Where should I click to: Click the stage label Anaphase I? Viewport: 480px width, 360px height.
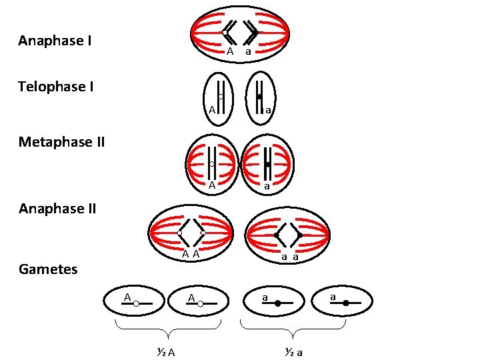(x=55, y=41)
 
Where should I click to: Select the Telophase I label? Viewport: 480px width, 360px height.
(x=56, y=87)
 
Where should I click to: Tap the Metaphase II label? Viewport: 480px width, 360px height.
(x=61, y=142)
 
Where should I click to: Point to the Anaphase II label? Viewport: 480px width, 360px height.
(x=57, y=209)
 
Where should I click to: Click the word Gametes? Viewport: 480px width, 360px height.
(x=48, y=269)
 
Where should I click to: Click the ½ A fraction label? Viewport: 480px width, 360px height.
(x=162, y=353)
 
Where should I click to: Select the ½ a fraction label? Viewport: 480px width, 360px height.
(x=292, y=353)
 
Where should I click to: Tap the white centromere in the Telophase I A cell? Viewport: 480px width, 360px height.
(x=220, y=97)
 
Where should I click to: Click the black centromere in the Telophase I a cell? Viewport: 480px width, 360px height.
(x=259, y=97)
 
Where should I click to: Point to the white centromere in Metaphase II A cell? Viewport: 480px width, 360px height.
(x=211, y=164)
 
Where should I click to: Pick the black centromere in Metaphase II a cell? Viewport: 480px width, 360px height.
(x=267, y=164)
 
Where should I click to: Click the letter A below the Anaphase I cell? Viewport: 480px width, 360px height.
(x=229, y=51)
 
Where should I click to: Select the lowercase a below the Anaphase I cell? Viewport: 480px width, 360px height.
(x=247, y=51)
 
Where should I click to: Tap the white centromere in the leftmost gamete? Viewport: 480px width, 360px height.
(x=136, y=303)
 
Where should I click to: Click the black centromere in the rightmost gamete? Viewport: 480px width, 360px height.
(x=345, y=303)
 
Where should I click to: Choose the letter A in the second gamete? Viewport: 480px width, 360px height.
(x=190, y=297)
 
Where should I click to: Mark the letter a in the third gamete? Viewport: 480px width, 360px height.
(x=265, y=297)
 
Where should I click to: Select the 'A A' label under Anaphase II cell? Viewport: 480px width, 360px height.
(x=192, y=254)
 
